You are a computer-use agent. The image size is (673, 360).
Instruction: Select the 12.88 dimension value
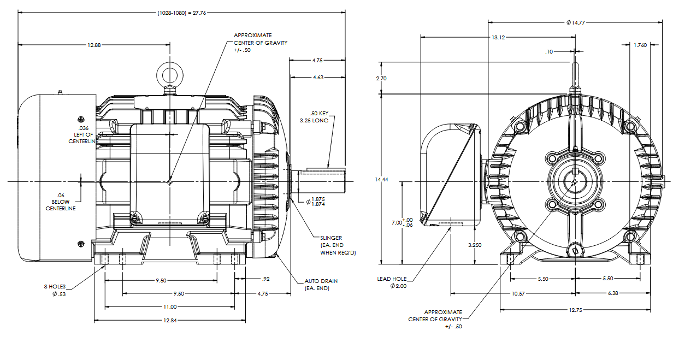[94, 45]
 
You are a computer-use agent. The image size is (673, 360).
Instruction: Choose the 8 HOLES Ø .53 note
[56, 290]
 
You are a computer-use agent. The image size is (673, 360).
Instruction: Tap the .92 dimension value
[267, 279]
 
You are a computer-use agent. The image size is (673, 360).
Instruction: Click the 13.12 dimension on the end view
[498, 37]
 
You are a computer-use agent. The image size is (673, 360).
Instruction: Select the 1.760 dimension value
[640, 45]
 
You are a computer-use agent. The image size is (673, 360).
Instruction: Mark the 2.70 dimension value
[381, 79]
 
